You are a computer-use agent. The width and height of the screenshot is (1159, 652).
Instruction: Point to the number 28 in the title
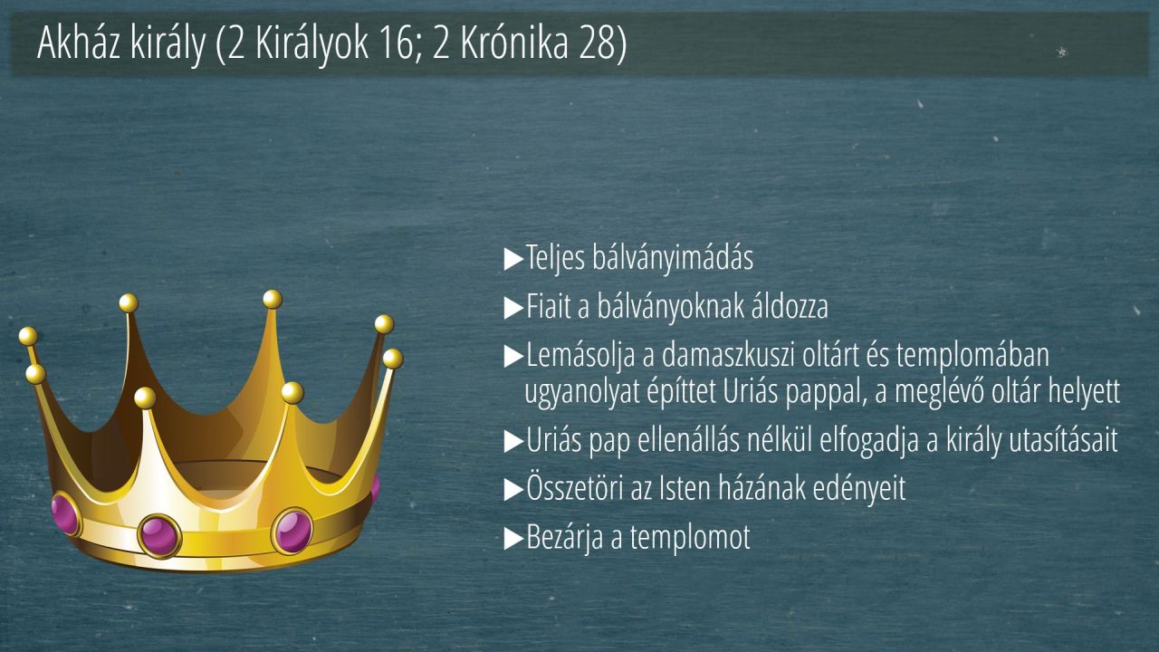pos(596,43)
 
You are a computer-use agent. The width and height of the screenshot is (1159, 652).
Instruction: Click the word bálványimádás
pos(673,258)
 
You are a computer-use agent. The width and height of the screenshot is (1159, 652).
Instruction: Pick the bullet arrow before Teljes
pos(513,259)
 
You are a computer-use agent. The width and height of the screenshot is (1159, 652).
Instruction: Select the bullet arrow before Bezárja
pos(513,539)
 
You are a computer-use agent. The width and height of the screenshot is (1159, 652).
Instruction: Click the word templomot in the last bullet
pos(690,538)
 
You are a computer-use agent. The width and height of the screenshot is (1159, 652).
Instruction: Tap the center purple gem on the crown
pos(160,535)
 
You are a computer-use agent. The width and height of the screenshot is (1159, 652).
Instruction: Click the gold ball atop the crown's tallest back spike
pos(273,299)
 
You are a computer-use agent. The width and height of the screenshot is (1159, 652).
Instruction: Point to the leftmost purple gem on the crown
pos(66,514)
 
